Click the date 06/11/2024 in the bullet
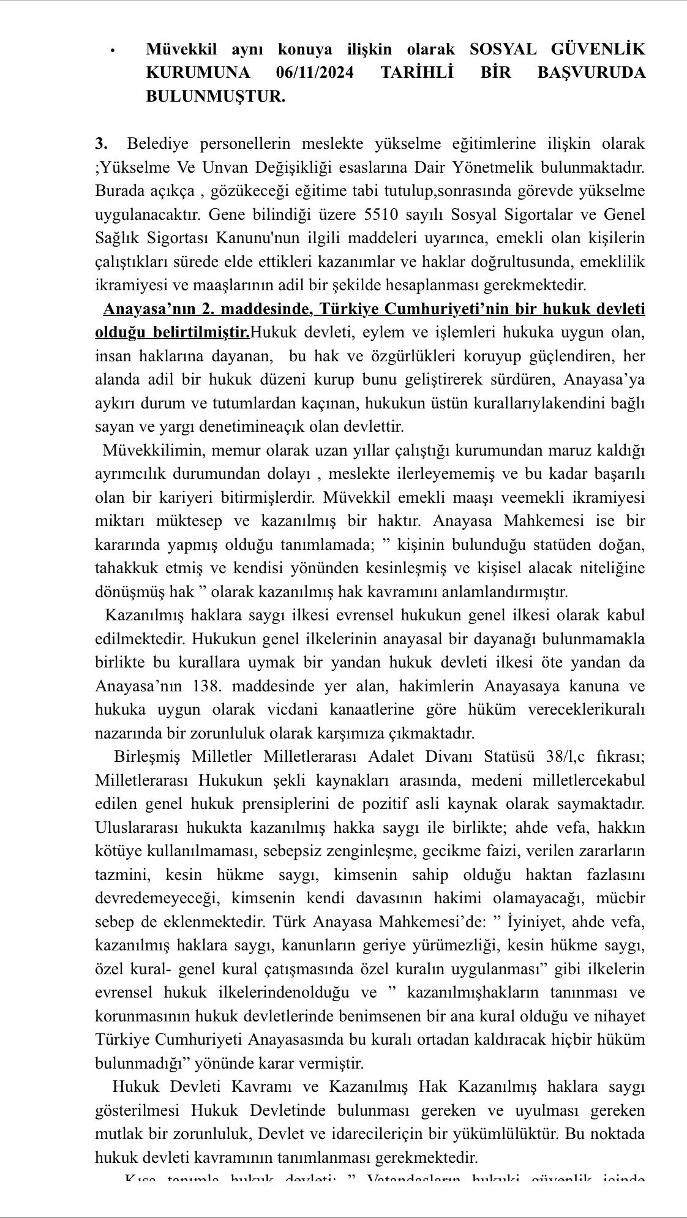[x=315, y=73]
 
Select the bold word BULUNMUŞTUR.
[x=216, y=96]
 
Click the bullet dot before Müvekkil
[x=113, y=51]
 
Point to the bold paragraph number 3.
[x=101, y=144]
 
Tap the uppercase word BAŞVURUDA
[x=591, y=73]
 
